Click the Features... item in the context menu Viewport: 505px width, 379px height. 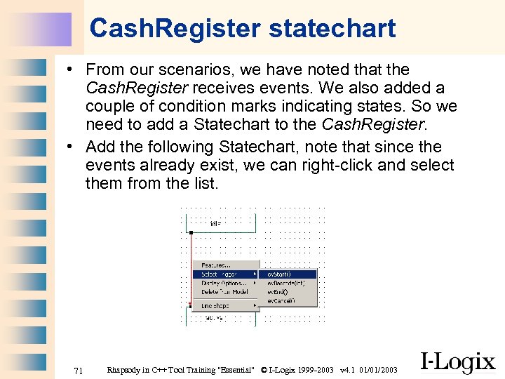[x=215, y=265]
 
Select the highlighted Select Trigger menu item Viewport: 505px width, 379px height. [x=219, y=274]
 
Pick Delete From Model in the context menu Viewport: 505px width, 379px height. [x=224, y=292]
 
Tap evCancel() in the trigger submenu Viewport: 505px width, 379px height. [x=281, y=300]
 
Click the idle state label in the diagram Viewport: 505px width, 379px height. [x=215, y=224]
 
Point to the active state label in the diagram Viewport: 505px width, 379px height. [x=214, y=318]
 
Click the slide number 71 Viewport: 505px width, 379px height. [x=79, y=370]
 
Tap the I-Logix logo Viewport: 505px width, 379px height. [x=457, y=361]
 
